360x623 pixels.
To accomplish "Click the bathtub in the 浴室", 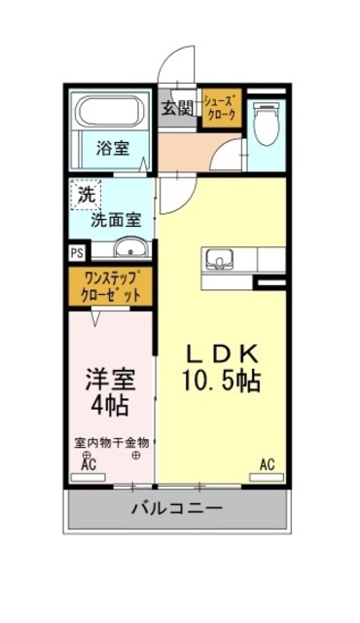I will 110,115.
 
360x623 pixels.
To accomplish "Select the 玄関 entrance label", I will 178,108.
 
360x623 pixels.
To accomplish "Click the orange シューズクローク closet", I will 219,108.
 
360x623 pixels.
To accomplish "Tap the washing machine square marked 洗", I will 86,195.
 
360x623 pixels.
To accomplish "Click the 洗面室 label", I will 116,219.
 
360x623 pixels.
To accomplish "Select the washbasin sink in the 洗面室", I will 127,245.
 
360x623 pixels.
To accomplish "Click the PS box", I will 76,251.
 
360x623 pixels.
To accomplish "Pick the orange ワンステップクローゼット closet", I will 111,285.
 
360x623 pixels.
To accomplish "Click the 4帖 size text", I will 108,402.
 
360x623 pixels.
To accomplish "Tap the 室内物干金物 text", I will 111,441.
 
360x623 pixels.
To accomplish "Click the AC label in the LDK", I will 266,464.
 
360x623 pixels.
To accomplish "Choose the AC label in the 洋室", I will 88,465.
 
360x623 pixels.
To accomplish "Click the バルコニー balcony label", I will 176,509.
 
